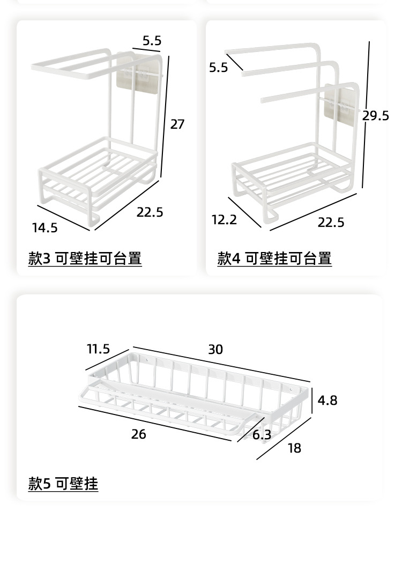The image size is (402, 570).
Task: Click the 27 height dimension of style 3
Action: pyautogui.click(x=177, y=124)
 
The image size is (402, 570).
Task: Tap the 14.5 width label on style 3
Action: pyautogui.click(x=44, y=228)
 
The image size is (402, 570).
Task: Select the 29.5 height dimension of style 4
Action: pyautogui.click(x=375, y=116)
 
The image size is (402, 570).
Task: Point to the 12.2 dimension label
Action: pyautogui.click(x=224, y=219)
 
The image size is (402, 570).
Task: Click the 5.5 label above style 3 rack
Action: pyautogui.click(x=152, y=40)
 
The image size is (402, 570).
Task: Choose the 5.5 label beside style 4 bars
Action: pyautogui.click(x=219, y=67)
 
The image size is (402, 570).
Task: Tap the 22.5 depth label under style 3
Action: pyautogui.click(x=150, y=212)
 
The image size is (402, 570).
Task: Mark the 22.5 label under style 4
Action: pyautogui.click(x=331, y=222)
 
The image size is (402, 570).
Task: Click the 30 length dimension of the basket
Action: pyautogui.click(x=215, y=349)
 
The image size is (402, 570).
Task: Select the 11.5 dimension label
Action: pyautogui.click(x=98, y=349)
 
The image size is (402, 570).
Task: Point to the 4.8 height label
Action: pyautogui.click(x=327, y=400)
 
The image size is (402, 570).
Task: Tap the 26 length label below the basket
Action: pyautogui.click(x=138, y=434)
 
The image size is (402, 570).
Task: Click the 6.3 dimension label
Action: pyautogui.click(x=262, y=434)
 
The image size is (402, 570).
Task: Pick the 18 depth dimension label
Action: pyautogui.click(x=294, y=448)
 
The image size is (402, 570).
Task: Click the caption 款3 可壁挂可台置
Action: pyautogui.click(x=85, y=258)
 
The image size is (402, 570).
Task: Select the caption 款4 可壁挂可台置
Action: pyautogui.click(x=274, y=258)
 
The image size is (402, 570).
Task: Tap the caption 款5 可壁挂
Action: pyautogui.click(x=63, y=484)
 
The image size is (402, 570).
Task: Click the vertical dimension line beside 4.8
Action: pyautogui.click(x=312, y=400)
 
